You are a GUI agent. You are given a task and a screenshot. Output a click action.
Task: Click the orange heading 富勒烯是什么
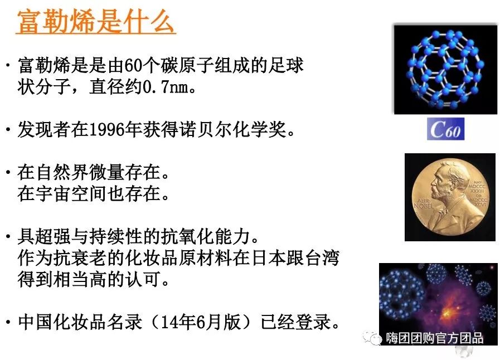(96, 21)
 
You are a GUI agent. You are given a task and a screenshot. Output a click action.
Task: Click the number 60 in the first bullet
(133, 65)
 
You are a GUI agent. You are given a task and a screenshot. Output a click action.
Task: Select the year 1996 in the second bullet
(107, 129)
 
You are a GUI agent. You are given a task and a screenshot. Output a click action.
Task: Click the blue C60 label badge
(445, 129)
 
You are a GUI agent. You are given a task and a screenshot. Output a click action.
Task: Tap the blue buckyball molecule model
(445, 69)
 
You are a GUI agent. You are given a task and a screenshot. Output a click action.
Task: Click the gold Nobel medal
(450, 197)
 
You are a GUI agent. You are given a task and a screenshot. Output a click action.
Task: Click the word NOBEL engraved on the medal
(424, 206)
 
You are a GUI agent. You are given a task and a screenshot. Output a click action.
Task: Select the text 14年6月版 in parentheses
(200, 322)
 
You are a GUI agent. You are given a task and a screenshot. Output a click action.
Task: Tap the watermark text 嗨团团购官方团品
(435, 338)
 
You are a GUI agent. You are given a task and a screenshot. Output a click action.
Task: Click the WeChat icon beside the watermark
(372, 337)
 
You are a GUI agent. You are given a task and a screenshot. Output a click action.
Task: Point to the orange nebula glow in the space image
(446, 309)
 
